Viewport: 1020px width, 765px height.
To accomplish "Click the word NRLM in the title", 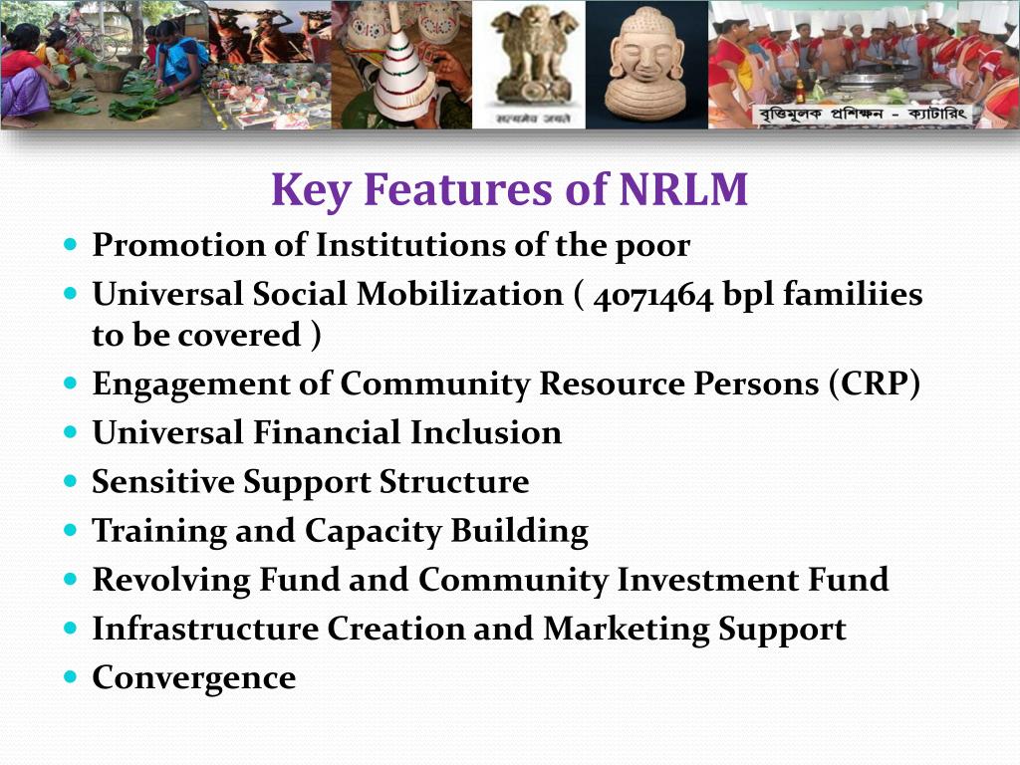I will pos(682,190).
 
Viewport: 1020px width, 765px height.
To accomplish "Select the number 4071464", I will pos(652,295).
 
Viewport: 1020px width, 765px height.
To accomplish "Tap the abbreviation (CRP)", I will pos(874,384).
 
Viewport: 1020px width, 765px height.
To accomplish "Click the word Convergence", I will pos(194,678).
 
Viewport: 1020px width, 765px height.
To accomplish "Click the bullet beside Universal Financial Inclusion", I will pos(70,433).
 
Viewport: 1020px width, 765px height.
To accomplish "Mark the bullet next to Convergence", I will pos(70,677).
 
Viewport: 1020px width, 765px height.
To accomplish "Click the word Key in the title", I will pos(305,190).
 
